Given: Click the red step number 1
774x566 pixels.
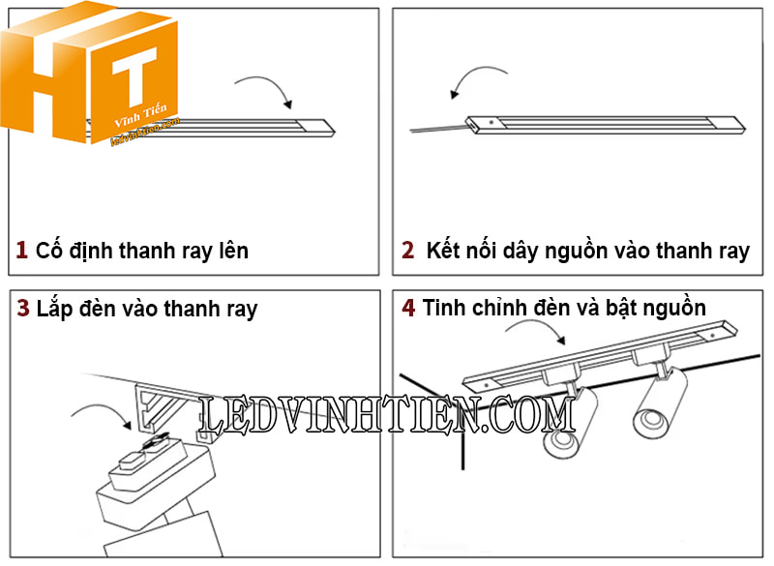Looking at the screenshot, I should point(21,251).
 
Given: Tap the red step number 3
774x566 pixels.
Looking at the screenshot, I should point(23,309).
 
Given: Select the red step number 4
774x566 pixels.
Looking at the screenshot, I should point(408,308).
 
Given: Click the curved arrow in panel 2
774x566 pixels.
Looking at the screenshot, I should point(481,80).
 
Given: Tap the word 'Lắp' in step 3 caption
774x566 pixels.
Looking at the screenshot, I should point(56,309).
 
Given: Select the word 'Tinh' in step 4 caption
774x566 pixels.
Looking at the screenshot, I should point(445,308).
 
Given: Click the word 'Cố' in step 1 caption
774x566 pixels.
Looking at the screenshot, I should point(50,251).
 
